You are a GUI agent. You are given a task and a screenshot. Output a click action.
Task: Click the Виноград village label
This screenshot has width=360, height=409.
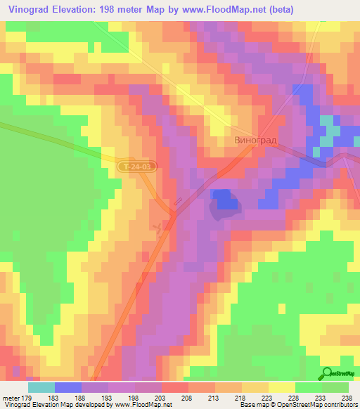click(x=255, y=140)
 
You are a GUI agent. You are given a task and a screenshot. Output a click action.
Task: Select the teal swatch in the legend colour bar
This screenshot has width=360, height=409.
click(x=41, y=387)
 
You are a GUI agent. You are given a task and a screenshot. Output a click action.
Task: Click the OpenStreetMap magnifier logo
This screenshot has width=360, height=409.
click(x=326, y=373)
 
